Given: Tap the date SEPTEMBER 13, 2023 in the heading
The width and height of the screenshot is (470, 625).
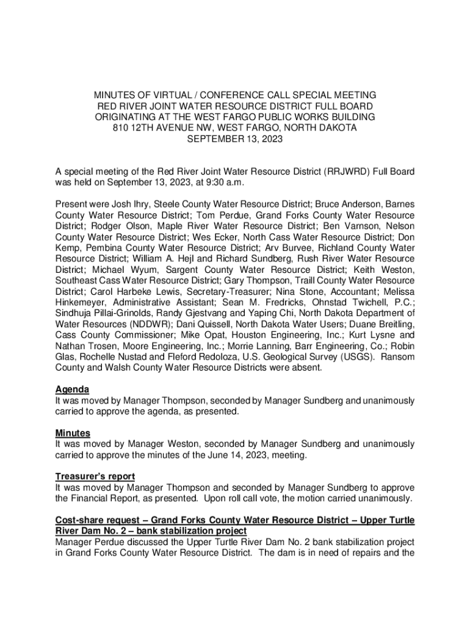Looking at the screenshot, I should [x=235, y=139].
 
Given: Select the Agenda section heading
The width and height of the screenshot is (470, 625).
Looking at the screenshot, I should [x=73, y=389].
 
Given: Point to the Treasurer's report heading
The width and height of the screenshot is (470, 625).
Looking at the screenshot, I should [x=95, y=476].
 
